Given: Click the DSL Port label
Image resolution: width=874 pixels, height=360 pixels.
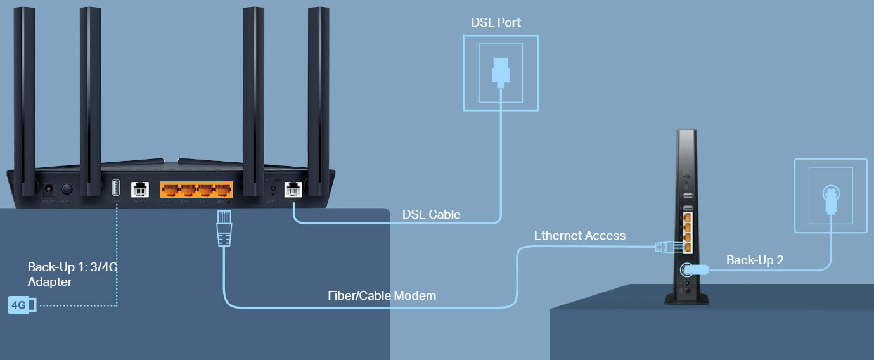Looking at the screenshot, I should pyautogui.click(x=496, y=23).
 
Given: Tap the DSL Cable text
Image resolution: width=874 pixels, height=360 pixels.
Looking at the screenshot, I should pyautogui.click(x=431, y=215).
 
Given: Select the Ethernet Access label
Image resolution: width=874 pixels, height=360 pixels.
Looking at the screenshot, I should pyautogui.click(x=579, y=236).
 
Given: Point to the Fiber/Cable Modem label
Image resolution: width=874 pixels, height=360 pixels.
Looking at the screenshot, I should pyautogui.click(x=382, y=296).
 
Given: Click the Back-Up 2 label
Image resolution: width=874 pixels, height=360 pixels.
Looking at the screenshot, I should pyautogui.click(x=755, y=260).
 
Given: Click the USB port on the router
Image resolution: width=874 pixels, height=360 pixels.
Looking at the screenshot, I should pyautogui.click(x=116, y=188).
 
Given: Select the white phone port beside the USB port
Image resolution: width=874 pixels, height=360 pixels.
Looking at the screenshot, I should pyautogui.click(x=139, y=189).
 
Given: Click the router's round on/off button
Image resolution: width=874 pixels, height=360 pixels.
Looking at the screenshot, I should pyautogui.click(x=67, y=189).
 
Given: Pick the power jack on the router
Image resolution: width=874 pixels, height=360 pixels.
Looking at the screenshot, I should pyautogui.click(x=48, y=189).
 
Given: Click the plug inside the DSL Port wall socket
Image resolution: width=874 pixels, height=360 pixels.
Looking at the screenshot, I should pyautogui.click(x=500, y=72).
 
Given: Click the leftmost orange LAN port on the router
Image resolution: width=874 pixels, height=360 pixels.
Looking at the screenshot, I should pyautogui.click(x=170, y=190).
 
